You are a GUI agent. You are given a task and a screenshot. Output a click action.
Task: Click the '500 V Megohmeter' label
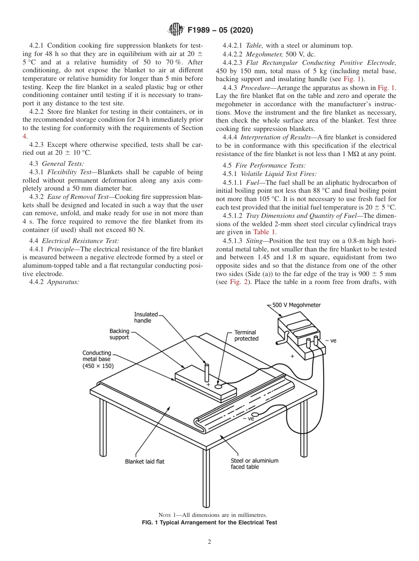(x=296, y=305)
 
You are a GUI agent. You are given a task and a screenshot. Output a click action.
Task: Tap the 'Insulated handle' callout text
(x=146, y=318)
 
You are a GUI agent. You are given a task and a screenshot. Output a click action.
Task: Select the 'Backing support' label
(x=120, y=334)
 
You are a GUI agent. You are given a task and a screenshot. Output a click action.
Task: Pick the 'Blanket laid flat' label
(x=145, y=462)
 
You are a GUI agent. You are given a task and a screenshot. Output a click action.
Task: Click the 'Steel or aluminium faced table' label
(x=254, y=464)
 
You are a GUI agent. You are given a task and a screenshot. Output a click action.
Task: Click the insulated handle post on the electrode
(x=206, y=373)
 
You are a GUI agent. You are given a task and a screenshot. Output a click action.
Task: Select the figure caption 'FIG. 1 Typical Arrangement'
(x=209, y=523)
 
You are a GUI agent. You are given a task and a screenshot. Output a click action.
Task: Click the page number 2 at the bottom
(x=209, y=542)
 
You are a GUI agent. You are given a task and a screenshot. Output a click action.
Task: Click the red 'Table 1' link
(x=265, y=232)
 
